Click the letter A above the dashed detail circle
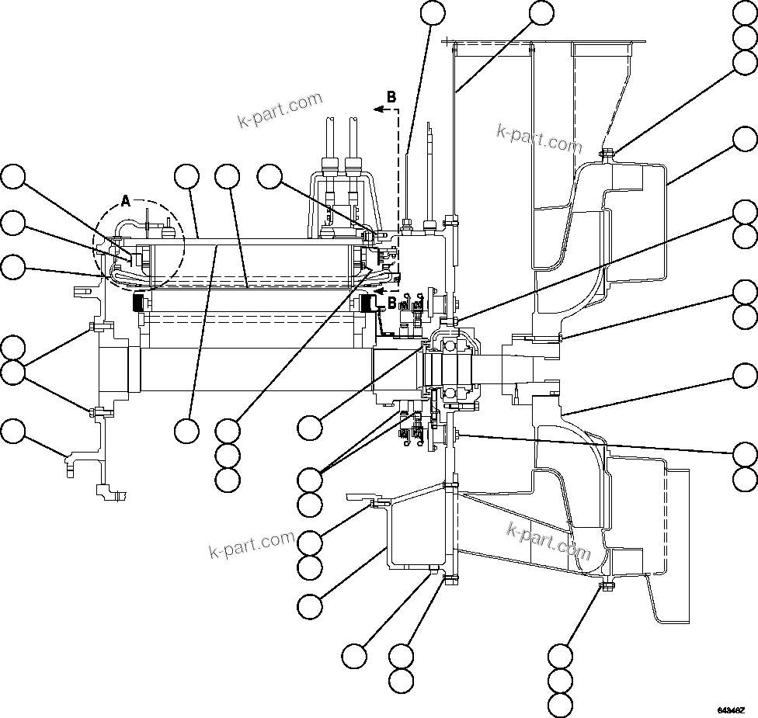[126, 202]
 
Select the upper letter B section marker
[391, 97]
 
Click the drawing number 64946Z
[731, 709]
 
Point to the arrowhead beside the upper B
[377, 110]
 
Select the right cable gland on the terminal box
[353, 165]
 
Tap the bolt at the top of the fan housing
[607, 152]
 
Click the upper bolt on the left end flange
[92, 326]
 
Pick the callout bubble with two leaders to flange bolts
[12, 373]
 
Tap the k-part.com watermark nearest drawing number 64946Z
[549, 541]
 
